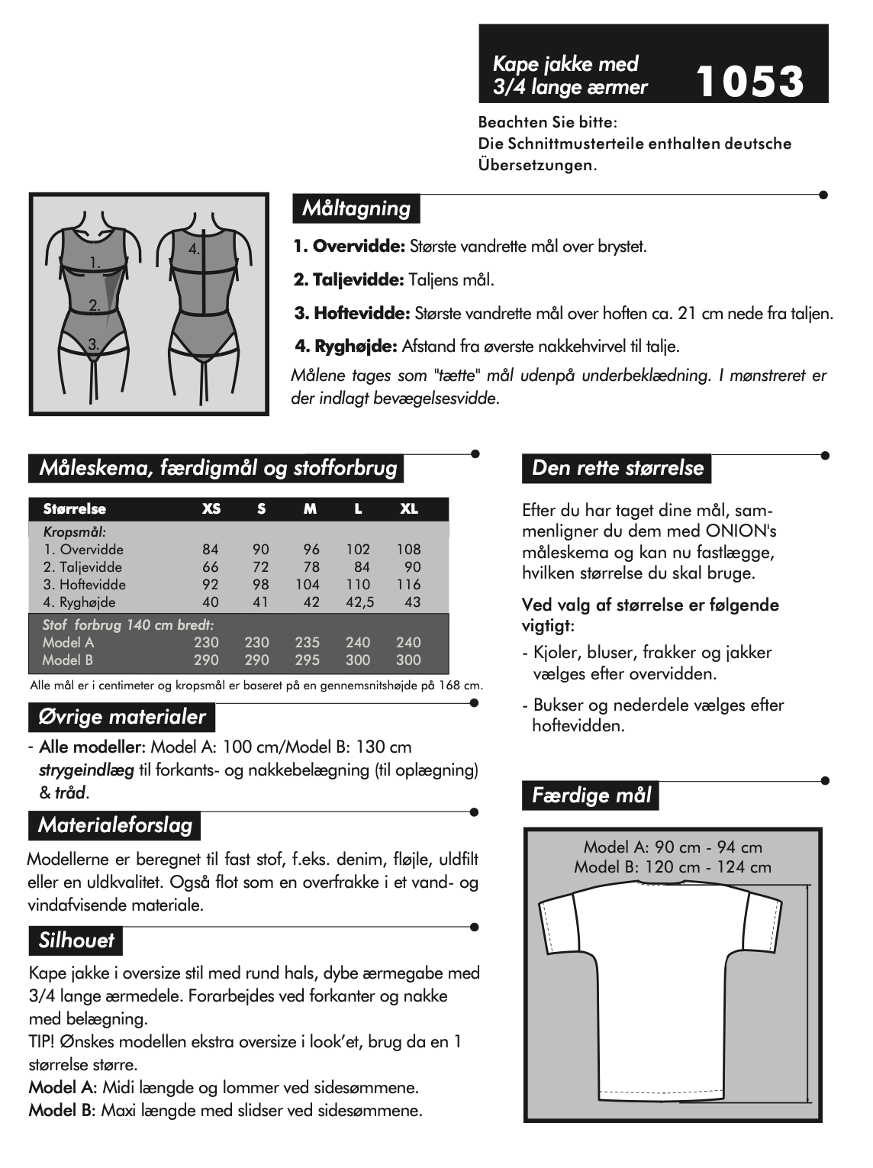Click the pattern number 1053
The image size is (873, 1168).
[750, 82]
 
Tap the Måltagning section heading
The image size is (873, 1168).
[356, 208]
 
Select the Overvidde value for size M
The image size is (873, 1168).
[311, 549]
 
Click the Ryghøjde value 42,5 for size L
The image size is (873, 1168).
[358, 602]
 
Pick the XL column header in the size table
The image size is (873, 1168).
[409, 509]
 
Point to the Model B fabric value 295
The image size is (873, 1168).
[308, 660]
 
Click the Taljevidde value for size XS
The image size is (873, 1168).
[211, 566]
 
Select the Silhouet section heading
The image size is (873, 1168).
[76, 940]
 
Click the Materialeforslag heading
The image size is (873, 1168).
[114, 824]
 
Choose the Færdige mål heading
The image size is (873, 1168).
[591, 795]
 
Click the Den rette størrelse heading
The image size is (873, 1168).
[617, 467]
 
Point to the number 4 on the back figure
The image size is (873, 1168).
[195, 249]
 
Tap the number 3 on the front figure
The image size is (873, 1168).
[93, 344]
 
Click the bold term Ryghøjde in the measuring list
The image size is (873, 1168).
[346, 346]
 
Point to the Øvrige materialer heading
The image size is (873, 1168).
[122, 717]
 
